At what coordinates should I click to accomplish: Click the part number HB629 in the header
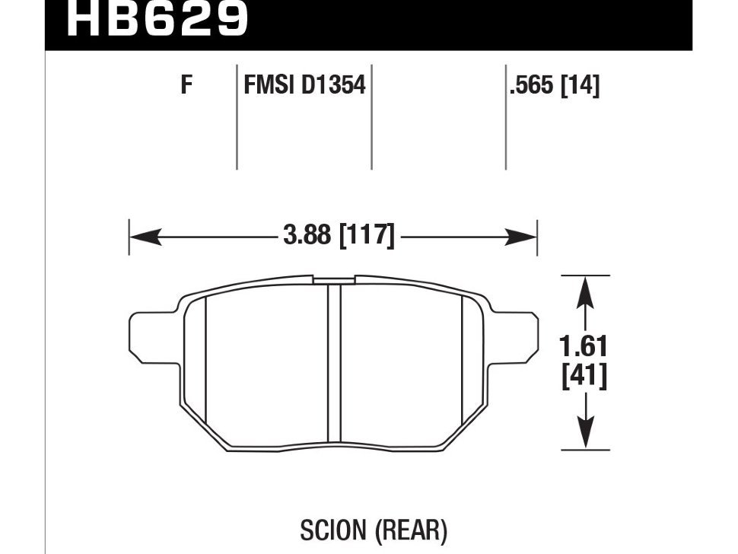(157, 19)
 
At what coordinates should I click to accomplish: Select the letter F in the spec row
(187, 85)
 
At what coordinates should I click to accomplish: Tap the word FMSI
(269, 85)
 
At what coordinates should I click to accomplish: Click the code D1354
(333, 85)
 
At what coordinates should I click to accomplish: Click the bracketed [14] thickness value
(581, 86)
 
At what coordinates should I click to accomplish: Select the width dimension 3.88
(307, 235)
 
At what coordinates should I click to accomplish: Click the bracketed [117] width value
(367, 235)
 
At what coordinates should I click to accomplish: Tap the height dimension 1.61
(584, 347)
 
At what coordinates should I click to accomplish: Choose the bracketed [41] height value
(584, 376)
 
